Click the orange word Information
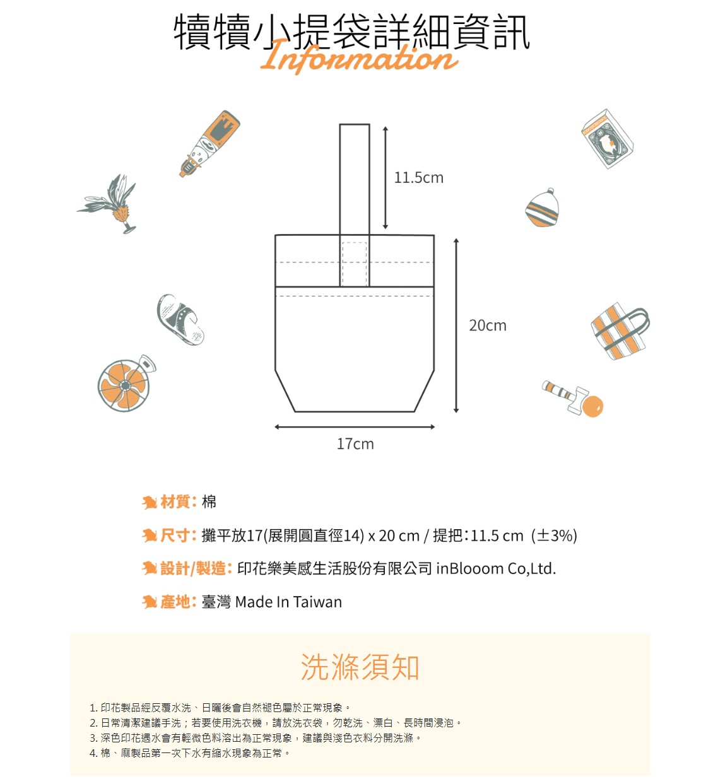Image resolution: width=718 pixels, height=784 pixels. pyautogui.click(x=358, y=57)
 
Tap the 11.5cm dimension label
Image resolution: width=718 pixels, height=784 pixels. pyautogui.click(x=418, y=178)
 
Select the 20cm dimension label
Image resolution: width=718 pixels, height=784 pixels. pyautogui.click(x=488, y=325)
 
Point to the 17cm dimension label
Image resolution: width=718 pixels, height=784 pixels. pyautogui.click(x=355, y=444)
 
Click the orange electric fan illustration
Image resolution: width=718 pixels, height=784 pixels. pyautogui.click(x=126, y=383)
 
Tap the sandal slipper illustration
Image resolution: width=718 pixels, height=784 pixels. pyautogui.click(x=180, y=319)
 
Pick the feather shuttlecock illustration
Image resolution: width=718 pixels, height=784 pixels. pyautogui.click(x=110, y=204)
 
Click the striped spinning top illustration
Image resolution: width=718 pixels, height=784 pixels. pyautogui.click(x=543, y=208)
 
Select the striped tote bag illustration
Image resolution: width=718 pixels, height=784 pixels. pyautogui.click(x=620, y=331)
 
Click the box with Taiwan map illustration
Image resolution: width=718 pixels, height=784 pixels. pyautogui.click(x=608, y=139)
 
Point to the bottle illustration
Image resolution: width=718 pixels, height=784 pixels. pyautogui.click(x=210, y=143)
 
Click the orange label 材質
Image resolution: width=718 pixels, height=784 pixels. pyautogui.click(x=175, y=502)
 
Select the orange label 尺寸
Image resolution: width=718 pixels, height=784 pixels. pyautogui.click(x=175, y=535)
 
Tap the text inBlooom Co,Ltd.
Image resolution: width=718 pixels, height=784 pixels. pyautogui.click(x=496, y=569)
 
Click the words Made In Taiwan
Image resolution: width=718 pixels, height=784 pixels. pyautogui.click(x=288, y=602)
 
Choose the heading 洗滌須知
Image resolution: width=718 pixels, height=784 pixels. pyautogui.click(x=360, y=667)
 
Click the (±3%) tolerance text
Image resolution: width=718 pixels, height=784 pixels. pyautogui.click(x=554, y=535)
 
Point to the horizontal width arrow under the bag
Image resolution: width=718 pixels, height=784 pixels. pyautogui.click(x=355, y=427)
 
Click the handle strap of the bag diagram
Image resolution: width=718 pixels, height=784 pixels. pyautogui.click(x=355, y=180)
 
